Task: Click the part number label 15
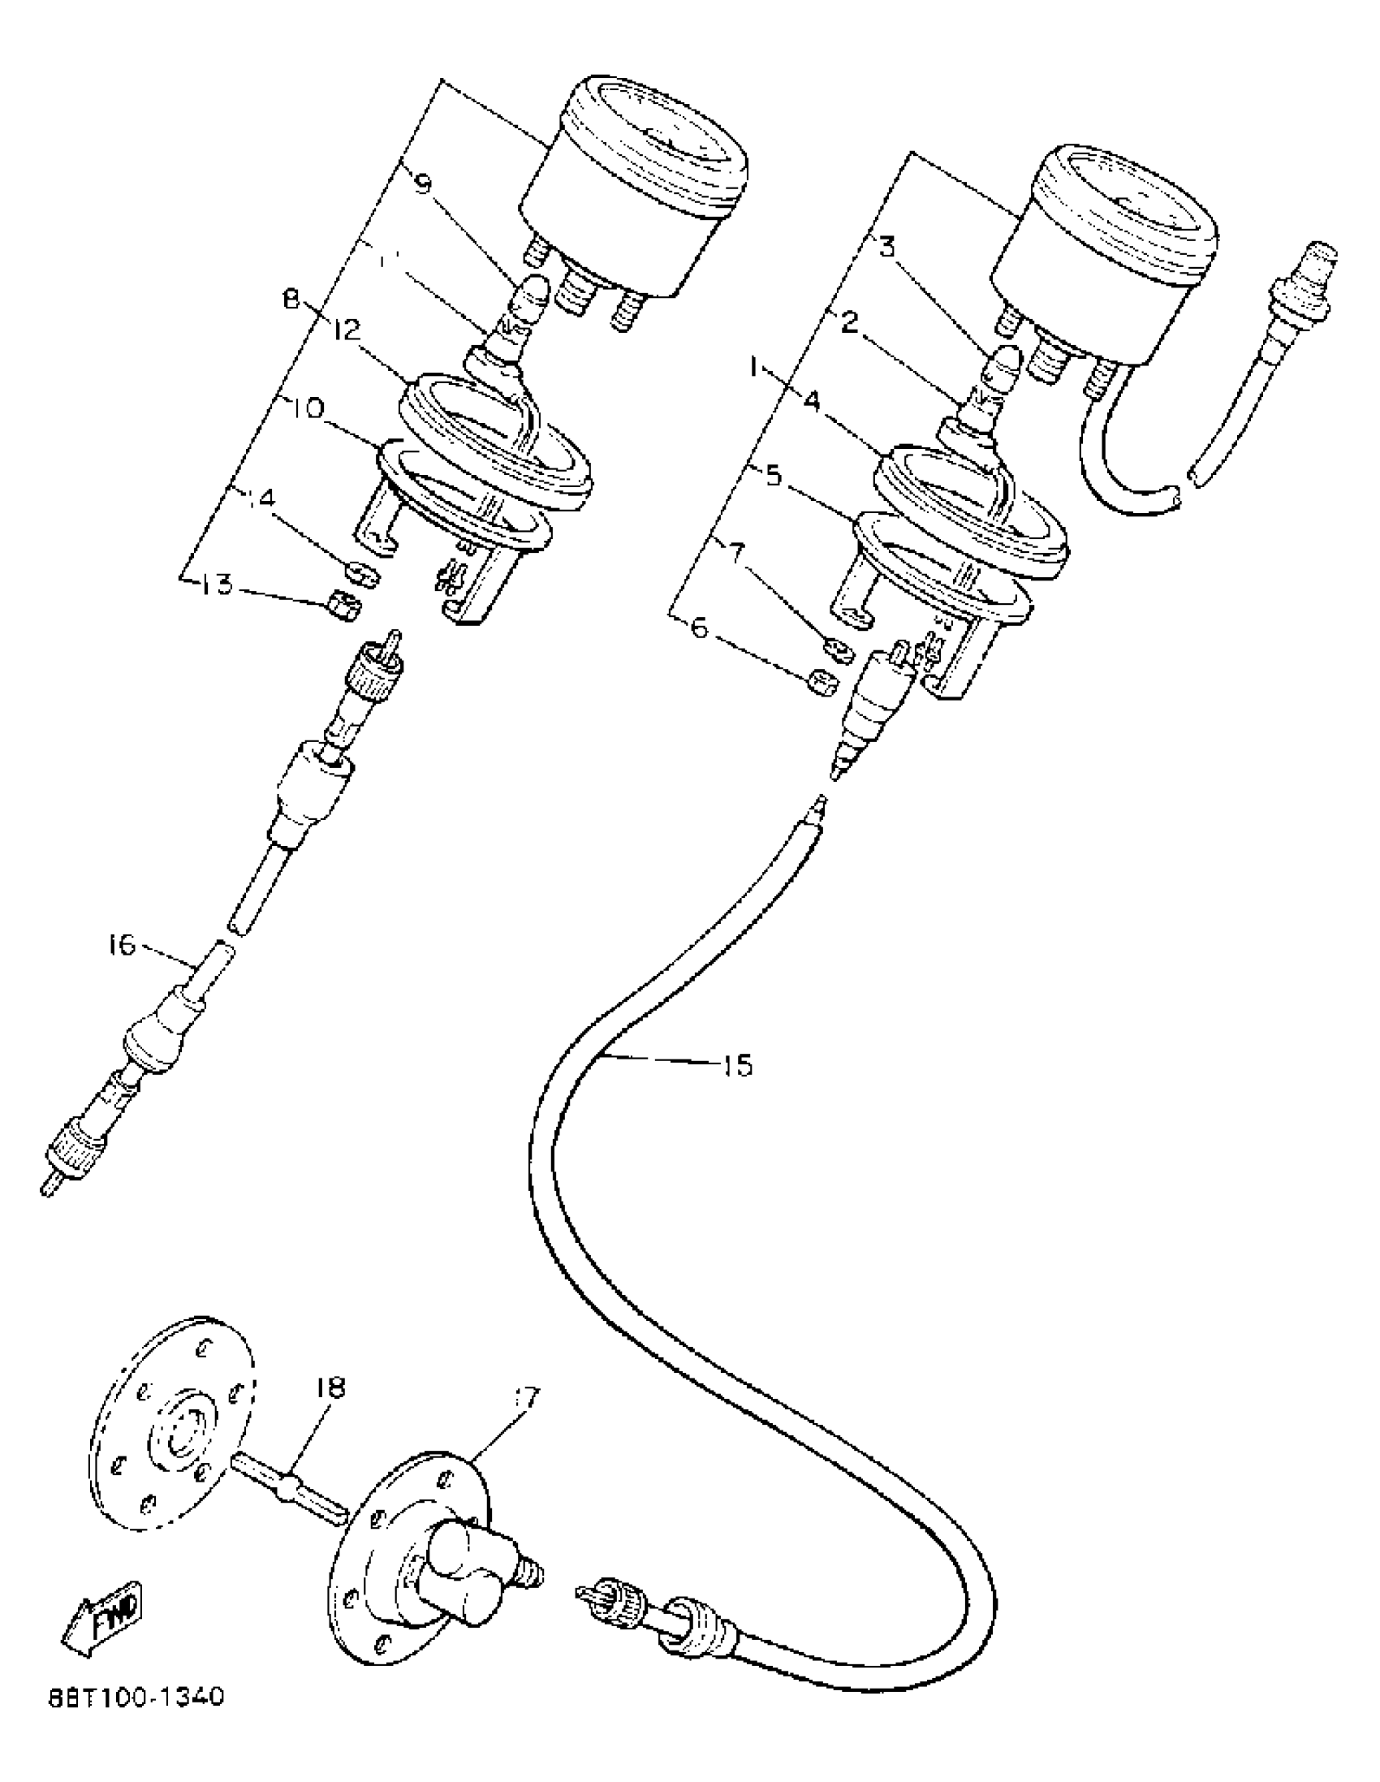[737, 1065]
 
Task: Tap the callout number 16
[122, 946]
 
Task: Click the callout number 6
[701, 633]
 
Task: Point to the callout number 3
[887, 246]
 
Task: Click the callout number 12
[347, 330]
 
